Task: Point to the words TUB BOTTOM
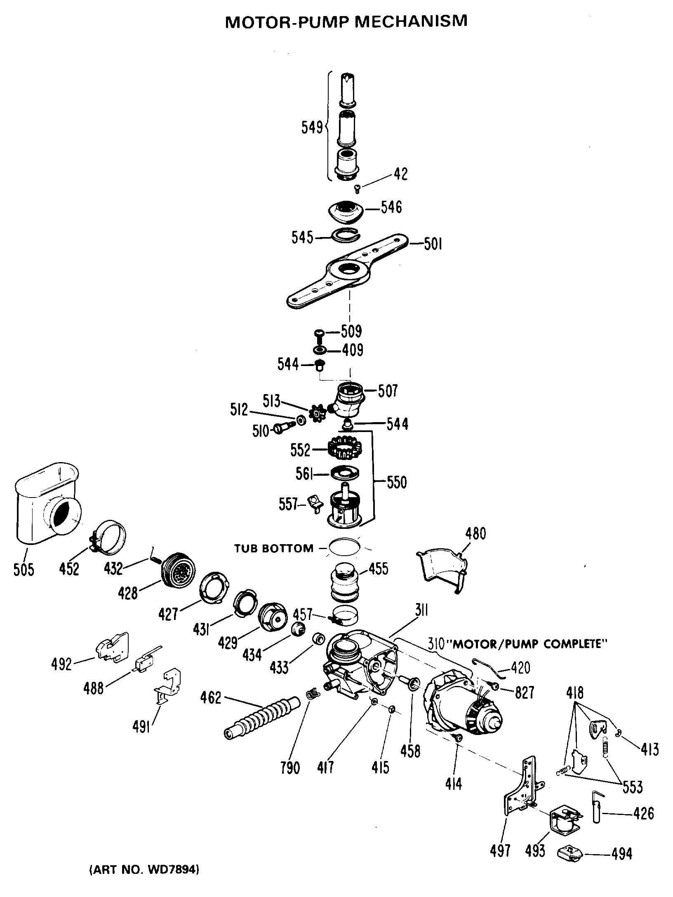point(274,549)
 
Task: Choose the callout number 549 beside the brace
point(312,128)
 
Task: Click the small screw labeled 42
point(358,189)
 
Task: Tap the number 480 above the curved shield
point(475,533)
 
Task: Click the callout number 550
point(396,482)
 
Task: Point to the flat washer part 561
point(344,473)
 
